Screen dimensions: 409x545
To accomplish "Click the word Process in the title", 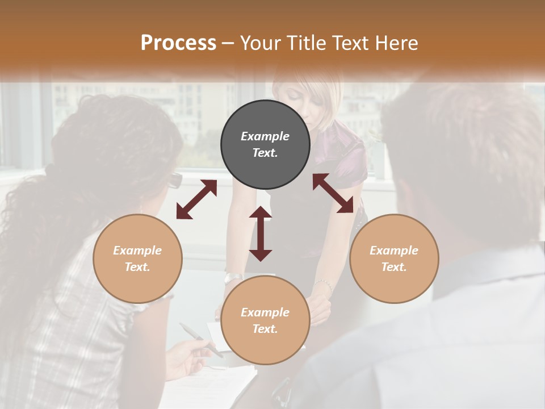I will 178,43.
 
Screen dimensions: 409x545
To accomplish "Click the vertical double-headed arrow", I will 261,233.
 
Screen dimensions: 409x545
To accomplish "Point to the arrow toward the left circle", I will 196,199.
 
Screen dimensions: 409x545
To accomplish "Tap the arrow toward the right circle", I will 333,193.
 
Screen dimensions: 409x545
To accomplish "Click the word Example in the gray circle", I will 265,136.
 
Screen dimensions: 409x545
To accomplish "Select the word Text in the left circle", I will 137,267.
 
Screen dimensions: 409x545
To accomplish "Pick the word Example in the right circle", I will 394,251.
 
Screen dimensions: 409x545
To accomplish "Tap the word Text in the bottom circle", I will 265,329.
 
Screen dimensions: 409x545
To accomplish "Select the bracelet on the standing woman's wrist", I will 324,284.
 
